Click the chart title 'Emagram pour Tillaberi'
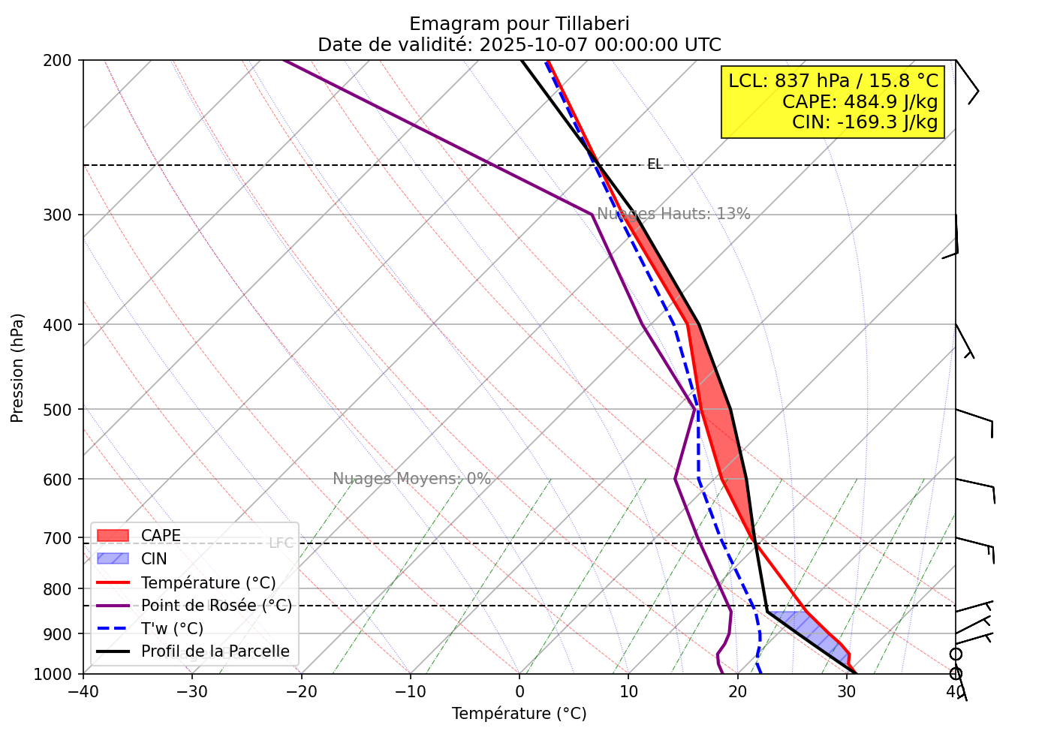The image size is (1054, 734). (519, 24)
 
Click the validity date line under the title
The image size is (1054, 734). (519, 45)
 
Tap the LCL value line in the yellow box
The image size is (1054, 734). (833, 80)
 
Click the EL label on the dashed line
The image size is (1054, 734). (655, 164)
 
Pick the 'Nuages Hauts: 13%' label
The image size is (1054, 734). (673, 214)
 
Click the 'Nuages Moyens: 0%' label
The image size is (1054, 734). (411, 479)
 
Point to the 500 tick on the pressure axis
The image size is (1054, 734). (63, 410)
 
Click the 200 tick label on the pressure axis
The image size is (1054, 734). (63, 60)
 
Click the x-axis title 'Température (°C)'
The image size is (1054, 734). (519, 714)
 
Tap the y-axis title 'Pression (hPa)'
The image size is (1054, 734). (18, 368)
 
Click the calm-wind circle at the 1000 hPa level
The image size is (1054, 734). (956, 674)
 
